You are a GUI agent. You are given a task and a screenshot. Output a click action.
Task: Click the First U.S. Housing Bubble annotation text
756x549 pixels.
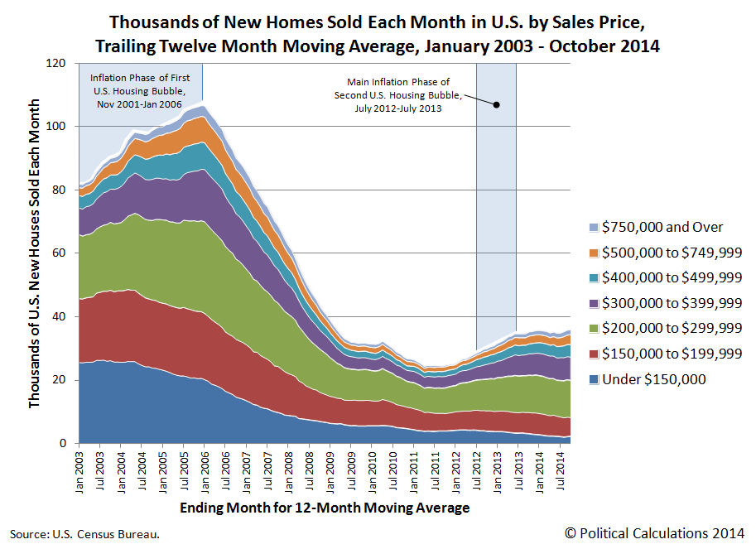(x=139, y=89)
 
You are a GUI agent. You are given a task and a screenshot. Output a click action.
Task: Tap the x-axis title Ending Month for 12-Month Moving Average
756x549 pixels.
(x=320, y=507)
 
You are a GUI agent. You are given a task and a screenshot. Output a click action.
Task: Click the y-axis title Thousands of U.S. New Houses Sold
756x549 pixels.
(x=34, y=253)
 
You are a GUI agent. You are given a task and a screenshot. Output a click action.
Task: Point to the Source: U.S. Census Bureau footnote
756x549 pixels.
(x=84, y=534)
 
